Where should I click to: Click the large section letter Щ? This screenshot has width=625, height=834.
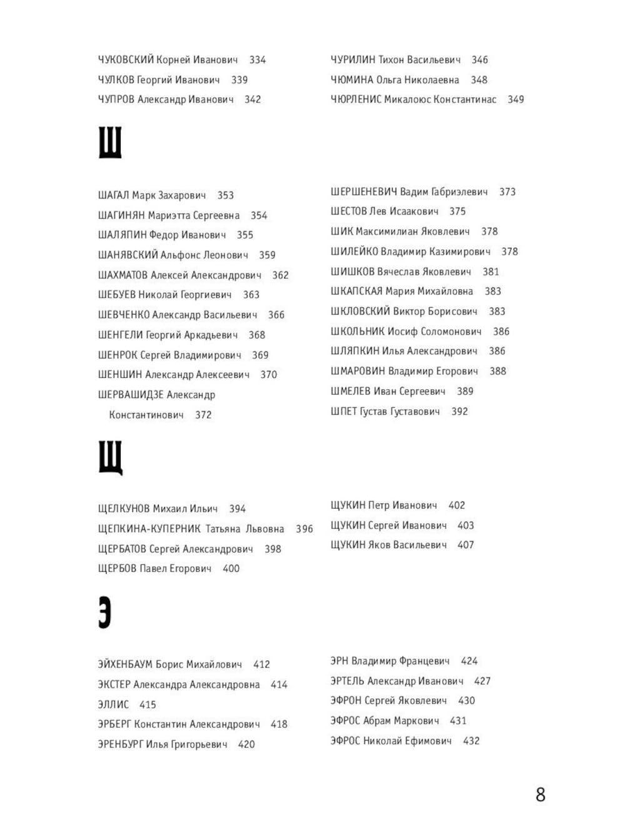tap(110, 457)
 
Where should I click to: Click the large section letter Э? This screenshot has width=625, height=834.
tap(104, 613)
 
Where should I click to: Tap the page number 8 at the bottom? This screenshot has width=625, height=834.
tap(540, 795)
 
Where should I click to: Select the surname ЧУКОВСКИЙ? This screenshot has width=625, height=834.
tap(126, 60)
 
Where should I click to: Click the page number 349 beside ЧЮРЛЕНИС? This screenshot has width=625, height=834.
tap(516, 99)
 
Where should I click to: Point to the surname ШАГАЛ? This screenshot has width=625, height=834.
tap(113, 195)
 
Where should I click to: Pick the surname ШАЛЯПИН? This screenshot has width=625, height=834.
tap(122, 235)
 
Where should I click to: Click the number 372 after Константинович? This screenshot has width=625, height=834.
tap(203, 415)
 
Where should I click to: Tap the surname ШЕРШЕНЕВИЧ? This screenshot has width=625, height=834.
tap(364, 191)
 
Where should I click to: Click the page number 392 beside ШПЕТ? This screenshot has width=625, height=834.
tap(459, 412)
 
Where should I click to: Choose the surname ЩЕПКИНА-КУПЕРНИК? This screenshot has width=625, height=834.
tap(149, 529)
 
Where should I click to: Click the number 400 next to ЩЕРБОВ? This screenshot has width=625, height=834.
tap(231, 569)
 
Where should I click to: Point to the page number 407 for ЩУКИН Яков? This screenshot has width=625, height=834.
tap(466, 545)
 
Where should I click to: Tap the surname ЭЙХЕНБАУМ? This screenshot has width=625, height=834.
tap(125, 664)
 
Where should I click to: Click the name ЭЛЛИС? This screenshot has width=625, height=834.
tap(113, 704)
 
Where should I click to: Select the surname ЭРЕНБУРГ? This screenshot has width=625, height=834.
tap(120, 745)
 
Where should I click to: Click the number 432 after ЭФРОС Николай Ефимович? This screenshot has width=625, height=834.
tap(471, 741)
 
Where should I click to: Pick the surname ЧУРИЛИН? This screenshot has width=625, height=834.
tap(353, 60)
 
